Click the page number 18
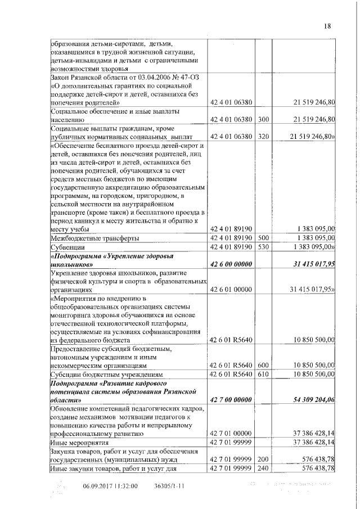click(328, 25)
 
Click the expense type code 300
click(264, 119)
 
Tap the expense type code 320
click(264, 137)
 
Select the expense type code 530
click(264, 246)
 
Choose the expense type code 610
click(264, 373)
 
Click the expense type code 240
click(264, 468)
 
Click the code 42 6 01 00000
click(231, 289)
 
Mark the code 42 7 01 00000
click(231, 434)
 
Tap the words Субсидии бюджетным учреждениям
click(106, 373)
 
